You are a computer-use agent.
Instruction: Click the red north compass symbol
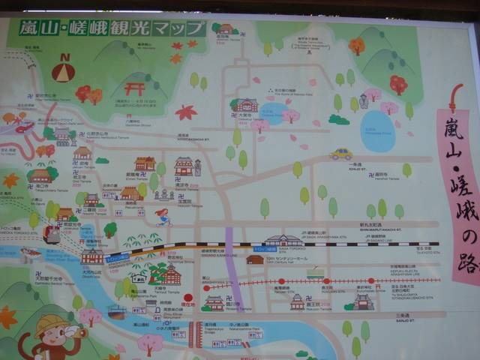tap(63, 69)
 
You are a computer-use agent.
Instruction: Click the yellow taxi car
tap(341, 154)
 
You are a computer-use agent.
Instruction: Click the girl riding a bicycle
tap(163, 217)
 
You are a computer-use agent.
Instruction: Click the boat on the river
tap(116, 310)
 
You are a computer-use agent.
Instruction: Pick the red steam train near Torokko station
tap(52, 235)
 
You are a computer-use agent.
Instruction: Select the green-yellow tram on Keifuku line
tap(315, 274)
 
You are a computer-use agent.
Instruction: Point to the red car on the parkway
tap(25, 127)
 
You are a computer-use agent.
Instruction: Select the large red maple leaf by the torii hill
tap(185, 112)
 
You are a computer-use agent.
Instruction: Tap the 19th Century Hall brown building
tap(255, 259)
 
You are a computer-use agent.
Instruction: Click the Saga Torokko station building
tap(284, 241)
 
